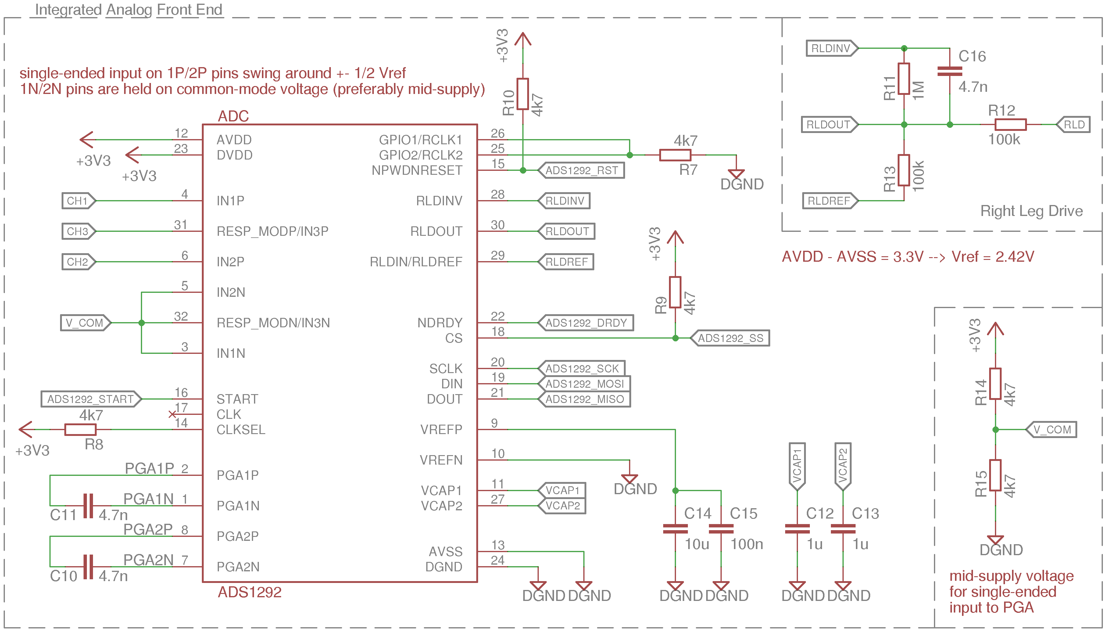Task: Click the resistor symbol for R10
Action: coord(523,94)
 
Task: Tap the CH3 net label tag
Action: coord(78,231)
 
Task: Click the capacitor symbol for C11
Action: coord(88,505)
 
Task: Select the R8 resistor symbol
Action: coord(80,430)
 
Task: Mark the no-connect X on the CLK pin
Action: coord(172,414)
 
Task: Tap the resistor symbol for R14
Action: coord(995,384)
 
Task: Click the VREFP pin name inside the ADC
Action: coord(441,430)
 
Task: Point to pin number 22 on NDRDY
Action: coord(497,316)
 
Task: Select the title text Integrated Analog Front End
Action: coord(128,9)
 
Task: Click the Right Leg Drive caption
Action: coord(1031,211)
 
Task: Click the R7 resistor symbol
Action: coord(675,155)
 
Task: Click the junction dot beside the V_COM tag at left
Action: coord(142,323)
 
